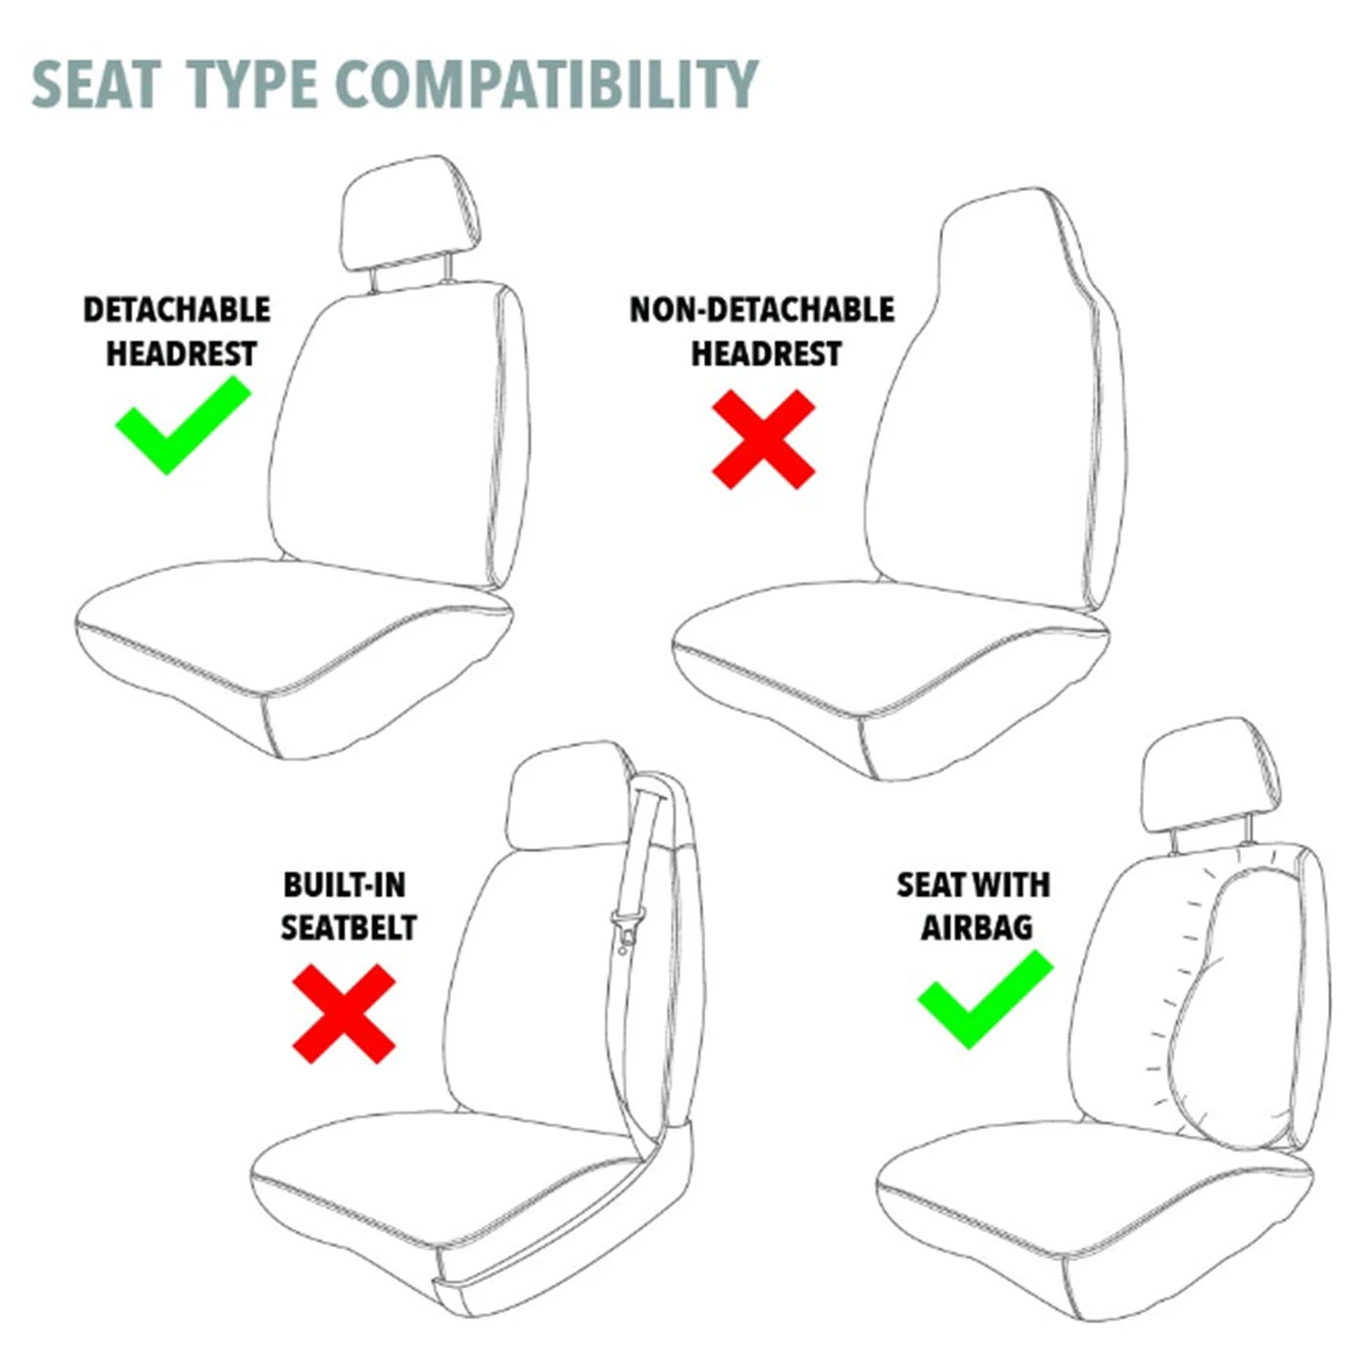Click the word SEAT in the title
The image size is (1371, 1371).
pyautogui.click(x=96, y=84)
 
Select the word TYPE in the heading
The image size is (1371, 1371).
pyautogui.click(x=252, y=84)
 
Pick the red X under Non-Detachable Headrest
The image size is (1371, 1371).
pyautogui.click(x=764, y=439)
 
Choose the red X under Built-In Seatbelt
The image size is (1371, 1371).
pyautogui.click(x=344, y=1014)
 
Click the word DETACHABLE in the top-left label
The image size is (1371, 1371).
pyautogui.click(x=176, y=309)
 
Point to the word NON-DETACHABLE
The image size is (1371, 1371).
pyautogui.click(x=762, y=309)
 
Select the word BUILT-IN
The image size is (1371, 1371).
pyautogui.click(x=344, y=885)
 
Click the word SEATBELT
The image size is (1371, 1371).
pyautogui.click(x=349, y=927)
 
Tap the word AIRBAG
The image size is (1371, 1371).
pyautogui.click(x=976, y=927)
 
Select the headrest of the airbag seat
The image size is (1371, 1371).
pyautogui.click(x=1210, y=776)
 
